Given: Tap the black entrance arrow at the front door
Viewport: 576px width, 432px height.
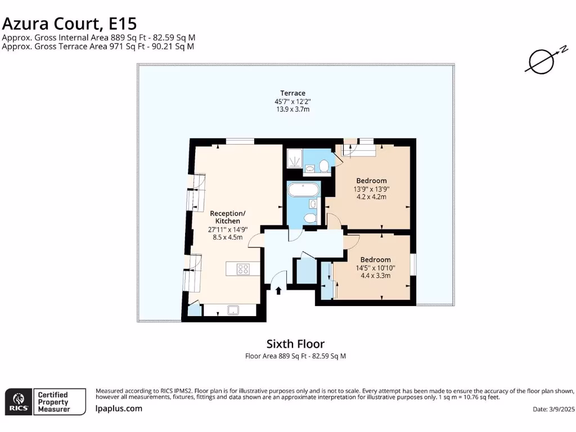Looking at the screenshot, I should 278,290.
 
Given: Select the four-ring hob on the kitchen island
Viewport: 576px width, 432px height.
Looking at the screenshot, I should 244,269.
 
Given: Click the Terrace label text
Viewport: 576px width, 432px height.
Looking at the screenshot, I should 293,93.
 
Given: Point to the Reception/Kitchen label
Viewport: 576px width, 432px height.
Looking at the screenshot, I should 228,217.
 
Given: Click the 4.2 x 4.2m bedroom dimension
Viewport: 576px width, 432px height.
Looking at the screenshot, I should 371,197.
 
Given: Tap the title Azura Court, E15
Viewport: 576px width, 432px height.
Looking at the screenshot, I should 69,24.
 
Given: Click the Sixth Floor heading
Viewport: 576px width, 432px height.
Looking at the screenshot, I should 295,344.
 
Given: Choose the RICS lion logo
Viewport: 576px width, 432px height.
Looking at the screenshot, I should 17,401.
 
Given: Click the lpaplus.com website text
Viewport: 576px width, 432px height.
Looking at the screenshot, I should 119,409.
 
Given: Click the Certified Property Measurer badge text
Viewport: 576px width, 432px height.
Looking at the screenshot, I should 53,402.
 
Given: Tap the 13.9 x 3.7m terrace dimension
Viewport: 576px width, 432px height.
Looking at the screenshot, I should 292,109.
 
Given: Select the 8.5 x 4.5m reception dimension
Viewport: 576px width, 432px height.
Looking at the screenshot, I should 227,237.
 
